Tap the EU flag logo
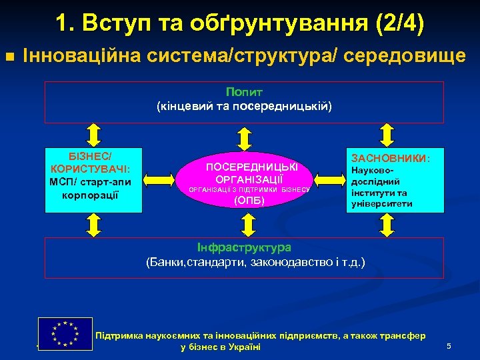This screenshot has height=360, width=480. (x=65, y=333)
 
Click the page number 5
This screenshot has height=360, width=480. (x=449, y=346)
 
